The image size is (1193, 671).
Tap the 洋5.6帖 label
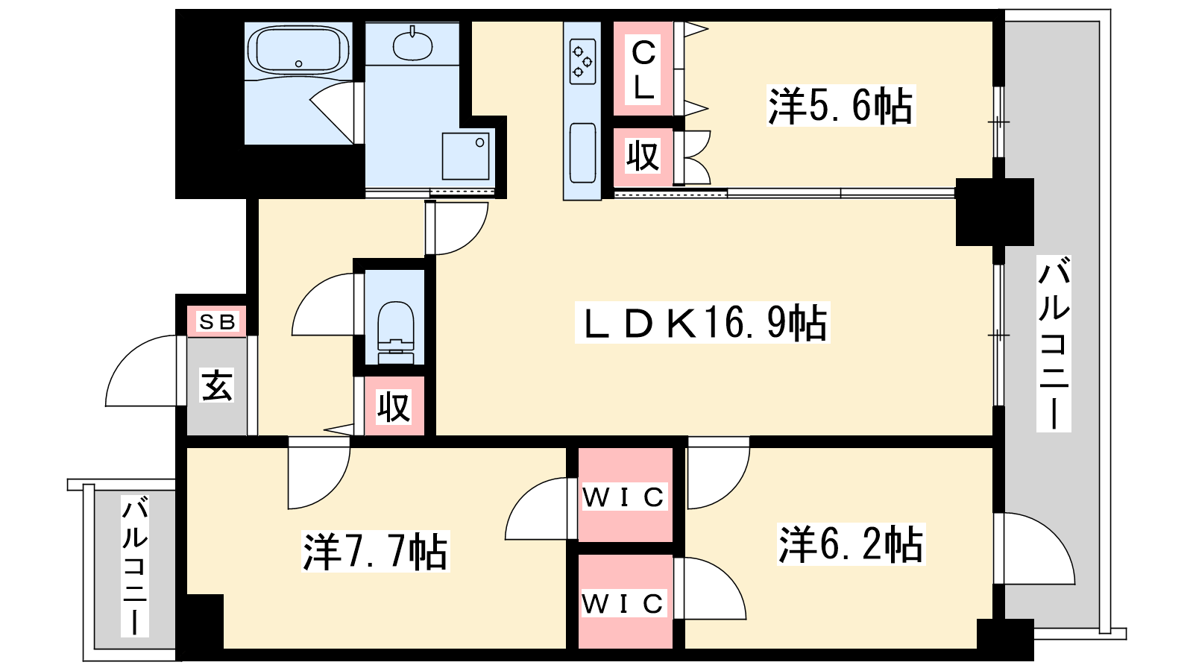841,106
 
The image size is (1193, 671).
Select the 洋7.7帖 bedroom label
376,551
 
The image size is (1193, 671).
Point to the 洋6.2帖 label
851,544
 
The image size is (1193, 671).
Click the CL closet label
643,70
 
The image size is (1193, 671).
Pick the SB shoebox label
217,321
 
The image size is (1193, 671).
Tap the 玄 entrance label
216,385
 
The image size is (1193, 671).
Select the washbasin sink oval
413,45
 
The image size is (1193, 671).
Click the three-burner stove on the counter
582,62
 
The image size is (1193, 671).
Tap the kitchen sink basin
582,153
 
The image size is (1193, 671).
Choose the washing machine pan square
465,156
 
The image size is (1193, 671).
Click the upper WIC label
624,497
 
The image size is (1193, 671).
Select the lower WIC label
623,603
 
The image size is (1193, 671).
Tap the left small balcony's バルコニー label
135,566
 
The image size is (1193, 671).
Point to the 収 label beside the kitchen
643,156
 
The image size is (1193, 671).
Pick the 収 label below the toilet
394,407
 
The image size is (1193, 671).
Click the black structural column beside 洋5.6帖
995,212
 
